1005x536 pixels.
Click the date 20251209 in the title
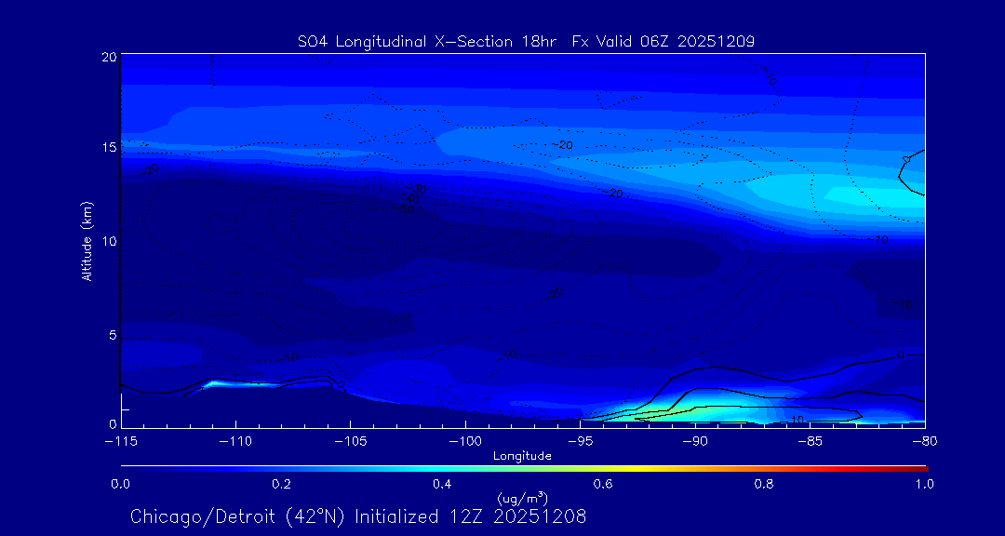(718, 41)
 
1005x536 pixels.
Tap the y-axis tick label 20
(108, 57)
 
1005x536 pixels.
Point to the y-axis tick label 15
(108, 148)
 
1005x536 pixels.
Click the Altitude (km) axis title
(87, 241)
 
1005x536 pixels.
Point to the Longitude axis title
(522, 456)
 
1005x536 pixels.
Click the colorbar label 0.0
(121, 484)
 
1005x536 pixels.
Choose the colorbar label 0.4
(442, 484)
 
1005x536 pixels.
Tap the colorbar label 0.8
(764, 484)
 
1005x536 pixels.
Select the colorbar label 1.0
(924, 484)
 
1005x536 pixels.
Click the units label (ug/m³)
(522, 499)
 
